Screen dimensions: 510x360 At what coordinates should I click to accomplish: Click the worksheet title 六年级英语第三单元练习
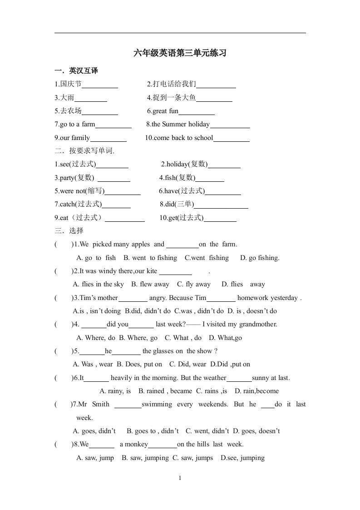pos(180,53)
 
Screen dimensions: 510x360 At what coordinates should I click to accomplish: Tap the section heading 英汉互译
pos(84,71)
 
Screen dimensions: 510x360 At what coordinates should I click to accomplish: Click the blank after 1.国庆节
pos(100,85)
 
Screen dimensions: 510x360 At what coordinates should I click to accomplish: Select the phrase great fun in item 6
pos(165,111)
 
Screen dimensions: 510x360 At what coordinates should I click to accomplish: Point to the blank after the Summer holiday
pos(230,125)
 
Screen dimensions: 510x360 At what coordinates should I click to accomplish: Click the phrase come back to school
pos(183,138)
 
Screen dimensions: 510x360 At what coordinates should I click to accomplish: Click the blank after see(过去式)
pos(112,165)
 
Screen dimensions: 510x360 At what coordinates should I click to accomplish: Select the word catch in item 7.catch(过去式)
pos(67,204)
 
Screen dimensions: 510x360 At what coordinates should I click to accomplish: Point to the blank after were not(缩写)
pos(123,191)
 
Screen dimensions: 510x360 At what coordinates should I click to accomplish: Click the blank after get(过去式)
pos(220,218)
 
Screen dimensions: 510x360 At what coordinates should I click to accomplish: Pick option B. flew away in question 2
pos(150,284)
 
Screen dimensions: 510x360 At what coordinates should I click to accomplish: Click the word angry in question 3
pos(158,298)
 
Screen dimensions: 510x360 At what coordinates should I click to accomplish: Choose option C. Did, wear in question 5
pos(187,364)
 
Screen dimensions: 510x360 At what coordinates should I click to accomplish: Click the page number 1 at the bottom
pos(180,478)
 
